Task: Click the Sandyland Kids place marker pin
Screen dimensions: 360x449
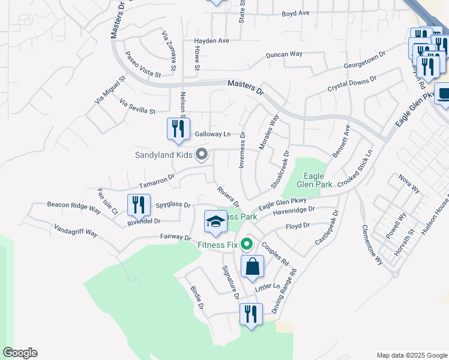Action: tap(202, 155)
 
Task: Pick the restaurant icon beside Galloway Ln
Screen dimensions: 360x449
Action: tap(178, 130)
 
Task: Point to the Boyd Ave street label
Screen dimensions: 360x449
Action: tap(295, 13)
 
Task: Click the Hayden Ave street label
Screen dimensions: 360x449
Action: tap(211, 41)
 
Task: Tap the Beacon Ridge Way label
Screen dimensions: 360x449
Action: tap(74, 206)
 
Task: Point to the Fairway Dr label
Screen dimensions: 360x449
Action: tap(175, 238)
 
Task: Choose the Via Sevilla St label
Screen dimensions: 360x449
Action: tap(137, 106)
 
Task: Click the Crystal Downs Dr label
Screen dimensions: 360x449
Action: tap(352, 83)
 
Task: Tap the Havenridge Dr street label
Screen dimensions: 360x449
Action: tap(294, 211)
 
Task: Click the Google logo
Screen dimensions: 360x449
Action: tap(20, 353)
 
